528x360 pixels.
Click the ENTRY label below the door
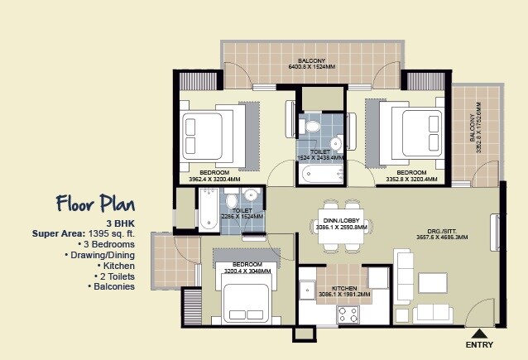click(481, 343)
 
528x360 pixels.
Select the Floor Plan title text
click(91, 203)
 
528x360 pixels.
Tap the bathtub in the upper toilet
click(319, 174)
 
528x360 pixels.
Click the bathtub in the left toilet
click(205, 209)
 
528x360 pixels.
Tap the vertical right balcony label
click(477, 132)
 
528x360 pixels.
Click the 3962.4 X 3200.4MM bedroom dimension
click(214, 178)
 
